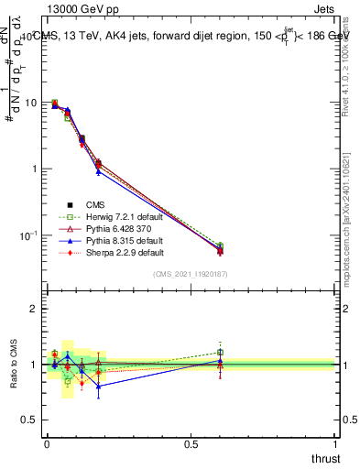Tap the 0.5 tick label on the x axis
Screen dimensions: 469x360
pos(191,442)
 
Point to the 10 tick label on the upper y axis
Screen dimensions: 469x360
pos(31,103)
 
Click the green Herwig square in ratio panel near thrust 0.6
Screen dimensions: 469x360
pos(220,352)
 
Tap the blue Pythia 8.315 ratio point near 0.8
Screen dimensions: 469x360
pos(98,387)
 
